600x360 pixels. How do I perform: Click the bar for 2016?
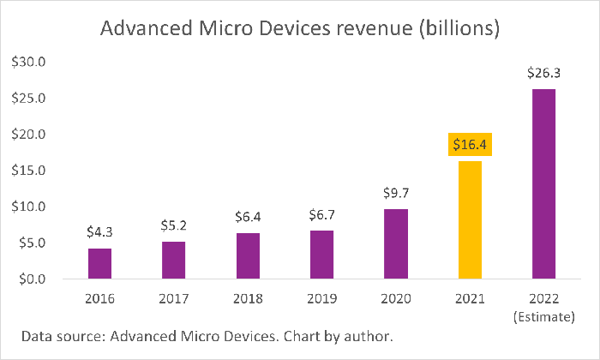point(99,263)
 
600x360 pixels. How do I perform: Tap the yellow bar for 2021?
point(470,219)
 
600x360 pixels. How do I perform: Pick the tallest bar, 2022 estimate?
point(543,183)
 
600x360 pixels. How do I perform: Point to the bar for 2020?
point(396,243)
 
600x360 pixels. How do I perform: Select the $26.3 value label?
point(543,73)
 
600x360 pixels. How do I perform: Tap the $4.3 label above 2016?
point(99,231)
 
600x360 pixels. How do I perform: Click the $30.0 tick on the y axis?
point(32,63)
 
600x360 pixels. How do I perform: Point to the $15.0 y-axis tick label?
point(32,171)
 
